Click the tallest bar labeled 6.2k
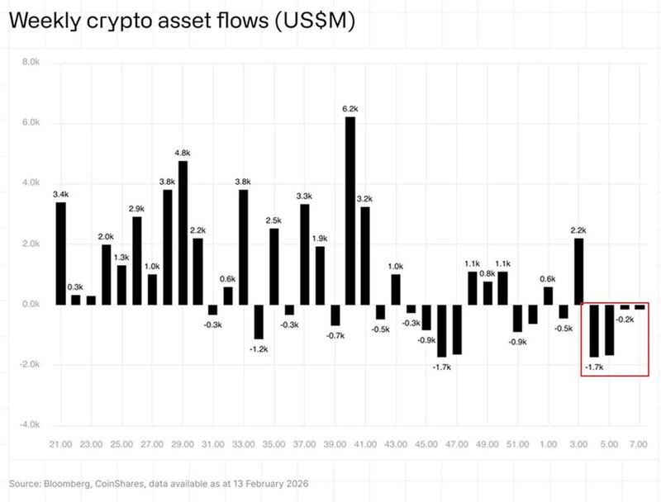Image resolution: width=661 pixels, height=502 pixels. [350, 211]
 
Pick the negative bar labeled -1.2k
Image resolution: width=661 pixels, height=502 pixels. [259, 322]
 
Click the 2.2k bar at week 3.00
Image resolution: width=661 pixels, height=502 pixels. [578, 272]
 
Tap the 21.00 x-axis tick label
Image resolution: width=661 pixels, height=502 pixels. [59, 443]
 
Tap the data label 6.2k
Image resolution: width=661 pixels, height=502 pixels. [350, 108]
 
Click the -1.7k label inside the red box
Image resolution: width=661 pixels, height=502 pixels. [594, 366]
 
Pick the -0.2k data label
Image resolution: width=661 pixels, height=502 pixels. [625, 320]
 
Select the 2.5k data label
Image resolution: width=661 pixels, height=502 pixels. [273, 220]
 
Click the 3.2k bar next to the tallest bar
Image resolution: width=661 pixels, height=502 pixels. [365, 256]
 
